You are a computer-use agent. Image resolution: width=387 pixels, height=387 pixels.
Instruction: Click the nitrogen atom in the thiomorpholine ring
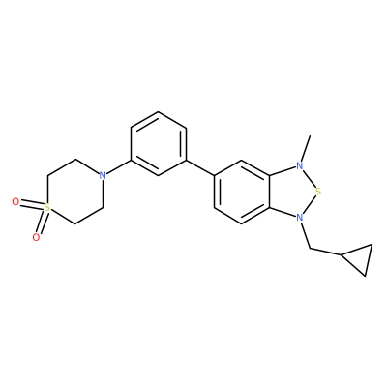click(103, 175)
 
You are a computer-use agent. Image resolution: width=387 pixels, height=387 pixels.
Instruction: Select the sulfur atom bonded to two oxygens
click(47, 208)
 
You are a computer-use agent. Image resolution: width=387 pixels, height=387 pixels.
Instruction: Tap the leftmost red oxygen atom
click(15, 202)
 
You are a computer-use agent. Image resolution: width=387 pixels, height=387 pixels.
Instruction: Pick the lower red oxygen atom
click(37, 237)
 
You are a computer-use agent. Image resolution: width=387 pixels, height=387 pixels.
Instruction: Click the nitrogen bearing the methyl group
click(300, 166)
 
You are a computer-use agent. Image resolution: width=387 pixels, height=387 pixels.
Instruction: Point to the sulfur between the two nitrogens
click(318, 192)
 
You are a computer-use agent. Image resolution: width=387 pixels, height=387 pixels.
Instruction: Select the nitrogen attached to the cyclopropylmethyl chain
click(300, 218)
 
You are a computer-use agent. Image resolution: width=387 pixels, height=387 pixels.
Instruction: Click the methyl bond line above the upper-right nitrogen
click(306, 149)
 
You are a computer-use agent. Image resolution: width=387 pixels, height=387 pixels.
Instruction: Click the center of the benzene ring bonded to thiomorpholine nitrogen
click(159, 144)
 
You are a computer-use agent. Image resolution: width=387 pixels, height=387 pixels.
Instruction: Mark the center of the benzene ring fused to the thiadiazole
click(242, 192)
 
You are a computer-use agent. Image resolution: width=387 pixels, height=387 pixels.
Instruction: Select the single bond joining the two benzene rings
click(200, 167)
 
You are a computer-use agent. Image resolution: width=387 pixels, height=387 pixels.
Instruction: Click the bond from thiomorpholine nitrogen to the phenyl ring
click(119, 166)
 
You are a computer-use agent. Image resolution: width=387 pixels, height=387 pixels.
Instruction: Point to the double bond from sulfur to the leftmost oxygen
click(32, 205)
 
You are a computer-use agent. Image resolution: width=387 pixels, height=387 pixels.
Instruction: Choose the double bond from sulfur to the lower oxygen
click(42, 223)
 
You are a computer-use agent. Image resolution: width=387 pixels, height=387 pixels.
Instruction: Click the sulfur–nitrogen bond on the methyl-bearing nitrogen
click(310, 179)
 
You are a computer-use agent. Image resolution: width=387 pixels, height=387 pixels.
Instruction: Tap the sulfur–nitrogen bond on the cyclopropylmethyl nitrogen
click(310, 205)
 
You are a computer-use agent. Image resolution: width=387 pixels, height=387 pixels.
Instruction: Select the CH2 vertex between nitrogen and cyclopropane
click(310, 249)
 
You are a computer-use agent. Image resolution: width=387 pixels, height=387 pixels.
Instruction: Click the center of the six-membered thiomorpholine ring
click(75, 192)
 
